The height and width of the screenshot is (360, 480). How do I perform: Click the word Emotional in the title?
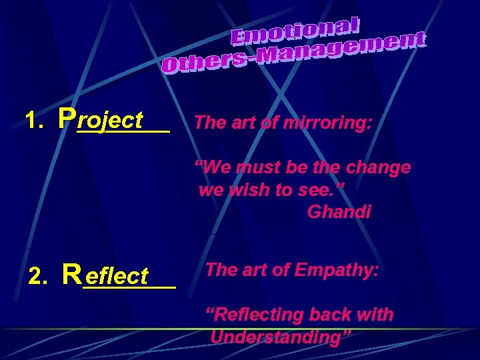(296, 33)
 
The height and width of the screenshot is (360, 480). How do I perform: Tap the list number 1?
(33, 121)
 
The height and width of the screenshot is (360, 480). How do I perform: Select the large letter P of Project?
(66, 118)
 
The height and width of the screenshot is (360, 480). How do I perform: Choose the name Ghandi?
(339, 213)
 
